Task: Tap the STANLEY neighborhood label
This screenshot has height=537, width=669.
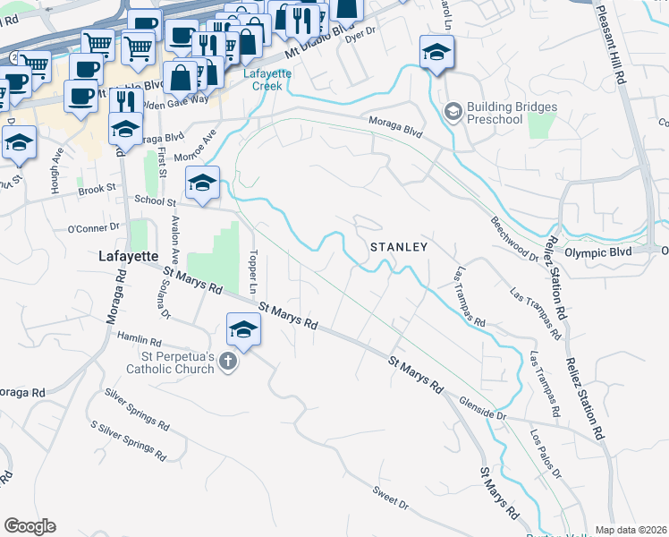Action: coord(399,246)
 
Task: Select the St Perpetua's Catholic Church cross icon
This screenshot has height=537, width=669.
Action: coord(228,362)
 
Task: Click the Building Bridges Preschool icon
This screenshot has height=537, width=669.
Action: coord(453,111)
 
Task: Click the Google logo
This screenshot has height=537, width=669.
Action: coord(30,526)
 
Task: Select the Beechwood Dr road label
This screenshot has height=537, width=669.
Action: coord(514,237)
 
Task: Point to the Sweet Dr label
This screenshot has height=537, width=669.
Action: coord(391,499)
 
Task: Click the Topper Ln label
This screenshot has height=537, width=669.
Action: coord(254,273)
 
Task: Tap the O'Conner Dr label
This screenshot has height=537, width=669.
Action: coord(93,228)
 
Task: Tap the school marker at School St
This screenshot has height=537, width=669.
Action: coord(203,184)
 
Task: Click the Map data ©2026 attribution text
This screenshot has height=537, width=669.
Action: coord(631,530)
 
